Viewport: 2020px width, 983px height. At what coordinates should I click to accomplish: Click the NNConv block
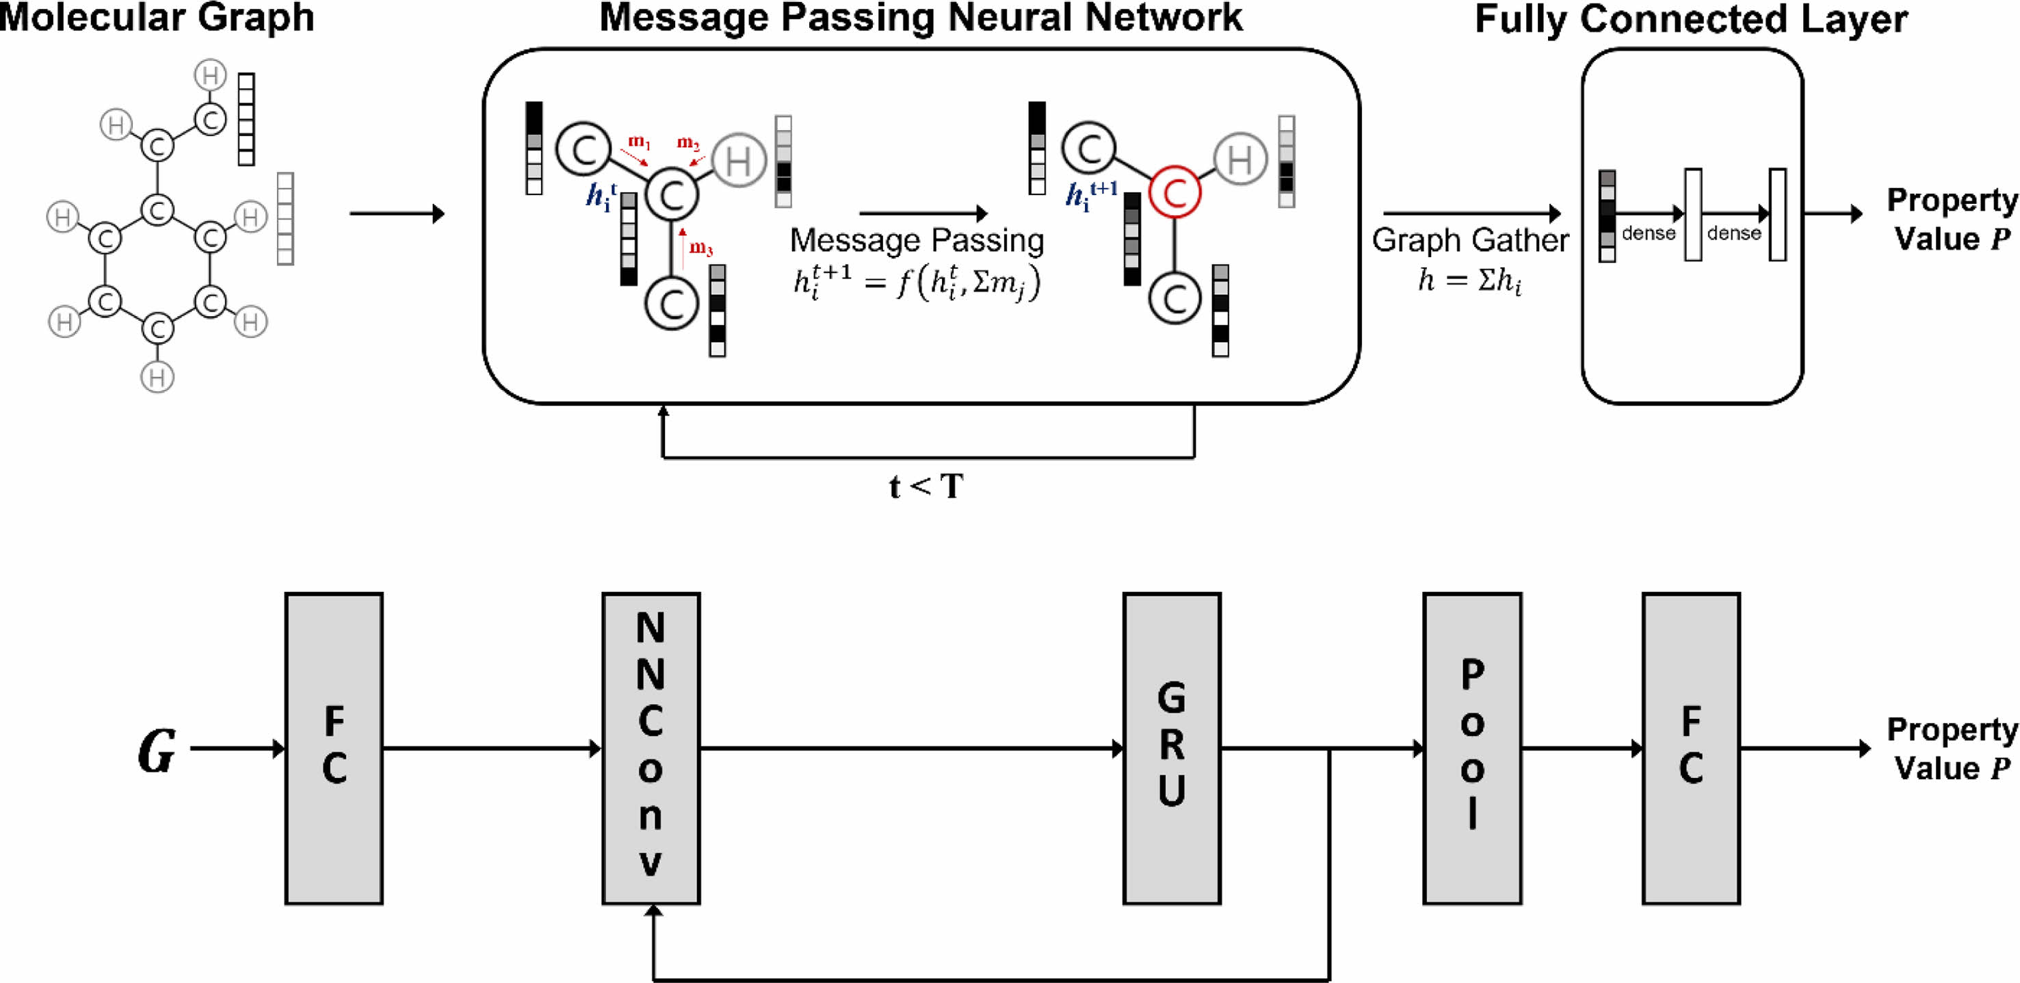(x=651, y=748)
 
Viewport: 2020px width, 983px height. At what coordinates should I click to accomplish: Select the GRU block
(x=1172, y=748)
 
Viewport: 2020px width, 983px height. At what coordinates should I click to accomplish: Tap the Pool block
(x=1472, y=748)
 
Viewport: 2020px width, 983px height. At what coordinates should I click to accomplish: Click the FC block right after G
(x=334, y=748)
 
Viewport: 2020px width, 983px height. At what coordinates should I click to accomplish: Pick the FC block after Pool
(x=1692, y=748)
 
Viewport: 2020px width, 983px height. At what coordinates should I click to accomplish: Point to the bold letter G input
(x=157, y=750)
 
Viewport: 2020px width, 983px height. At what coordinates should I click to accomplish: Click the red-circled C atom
(x=1175, y=193)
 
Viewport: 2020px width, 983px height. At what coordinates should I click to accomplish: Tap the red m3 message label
(x=701, y=249)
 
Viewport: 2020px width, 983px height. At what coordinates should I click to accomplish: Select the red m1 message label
(x=639, y=142)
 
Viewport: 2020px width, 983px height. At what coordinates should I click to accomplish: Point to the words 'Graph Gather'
(x=1469, y=240)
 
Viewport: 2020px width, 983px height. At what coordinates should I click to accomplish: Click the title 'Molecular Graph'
(x=157, y=17)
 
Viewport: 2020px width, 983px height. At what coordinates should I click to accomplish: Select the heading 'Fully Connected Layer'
(x=1691, y=19)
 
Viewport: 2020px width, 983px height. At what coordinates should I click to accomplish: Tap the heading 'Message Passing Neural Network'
(x=921, y=17)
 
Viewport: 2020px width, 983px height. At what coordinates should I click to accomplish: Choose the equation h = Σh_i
(x=1469, y=280)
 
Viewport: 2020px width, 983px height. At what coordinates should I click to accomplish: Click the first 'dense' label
(x=1649, y=233)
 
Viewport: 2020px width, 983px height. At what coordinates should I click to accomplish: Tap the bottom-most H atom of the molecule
(x=157, y=377)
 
